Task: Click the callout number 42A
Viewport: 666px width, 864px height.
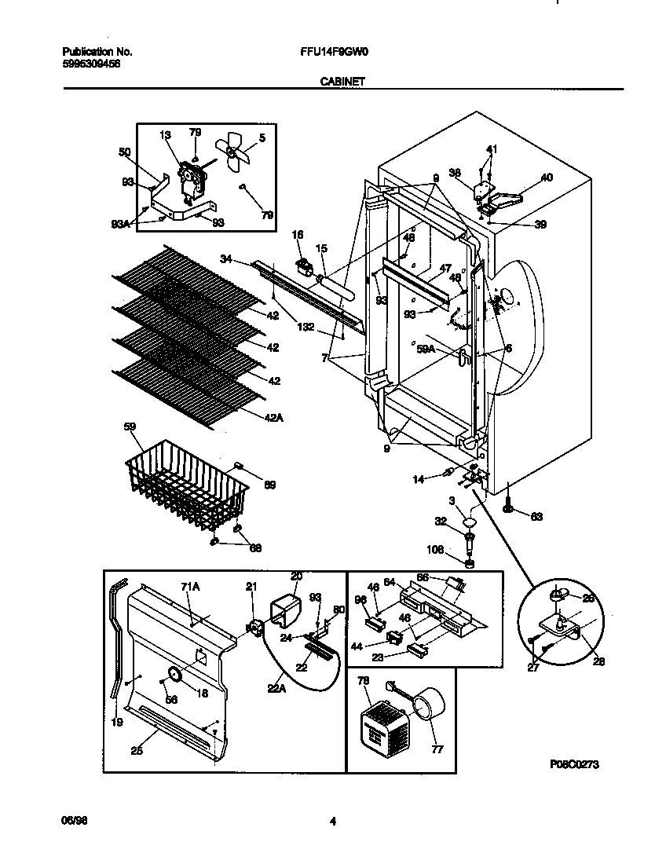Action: pyautogui.click(x=274, y=417)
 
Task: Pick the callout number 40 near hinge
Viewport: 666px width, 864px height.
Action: pyautogui.click(x=547, y=178)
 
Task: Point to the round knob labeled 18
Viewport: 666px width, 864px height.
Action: pyautogui.click(x=174, y=675)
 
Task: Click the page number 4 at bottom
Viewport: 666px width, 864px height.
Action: pyautogui.click(x=333, y=822)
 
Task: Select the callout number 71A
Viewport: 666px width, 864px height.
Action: pyautogui.click(x=190, y=587)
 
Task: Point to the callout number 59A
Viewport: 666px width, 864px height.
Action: pyautogui.click(x=426, y=350)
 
